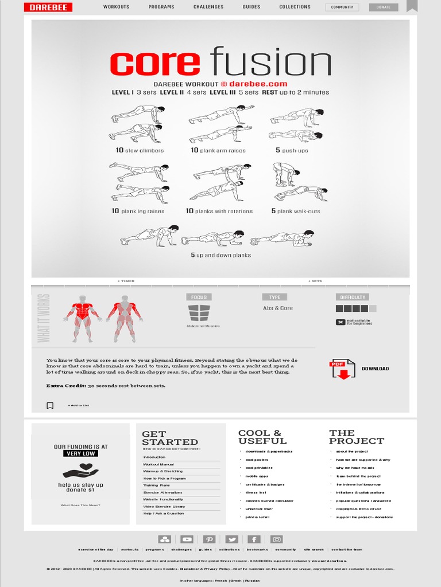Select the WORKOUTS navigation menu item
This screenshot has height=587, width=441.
(x=116, y=7)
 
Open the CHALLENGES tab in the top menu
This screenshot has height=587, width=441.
(x=208, y=7)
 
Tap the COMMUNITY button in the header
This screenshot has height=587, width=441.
(x=342, y=7)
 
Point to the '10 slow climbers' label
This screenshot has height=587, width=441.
(x=140, y=151)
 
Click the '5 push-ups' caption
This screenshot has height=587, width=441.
(x=292, y=151)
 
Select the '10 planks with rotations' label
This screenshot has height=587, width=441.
(x=219, y=212)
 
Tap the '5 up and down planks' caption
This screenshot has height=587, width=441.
(x=220, y=255)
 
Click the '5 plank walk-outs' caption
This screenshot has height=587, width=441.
(x=296, y=212)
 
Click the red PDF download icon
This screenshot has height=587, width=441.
(x=342, y=369)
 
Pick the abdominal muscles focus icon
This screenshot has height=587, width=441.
(x=199, y=313)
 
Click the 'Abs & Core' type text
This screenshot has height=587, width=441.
(x=278, y=308)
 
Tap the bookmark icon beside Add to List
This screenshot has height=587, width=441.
(x=50, y=405)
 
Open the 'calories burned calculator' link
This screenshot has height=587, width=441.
(x=269, y=500)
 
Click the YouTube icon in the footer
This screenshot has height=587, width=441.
(x=187, y=539)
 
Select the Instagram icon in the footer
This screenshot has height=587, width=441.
(x=277, y=539)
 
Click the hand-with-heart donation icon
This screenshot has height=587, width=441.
(x=80, y=472)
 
